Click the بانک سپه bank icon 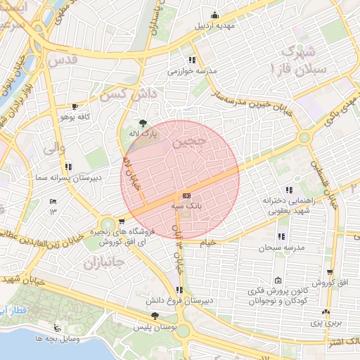pos(186,195)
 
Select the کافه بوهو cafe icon pos(74,105)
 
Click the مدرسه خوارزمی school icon pos(192,60)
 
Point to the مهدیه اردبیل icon pos(214,15)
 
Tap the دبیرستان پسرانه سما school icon pos(68,167)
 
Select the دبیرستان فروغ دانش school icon pos(181,289)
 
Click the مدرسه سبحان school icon pos(282,236)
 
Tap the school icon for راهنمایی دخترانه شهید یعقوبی pos(289,189)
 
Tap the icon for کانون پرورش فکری pos(278,281)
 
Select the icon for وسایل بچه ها pos(56,328)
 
